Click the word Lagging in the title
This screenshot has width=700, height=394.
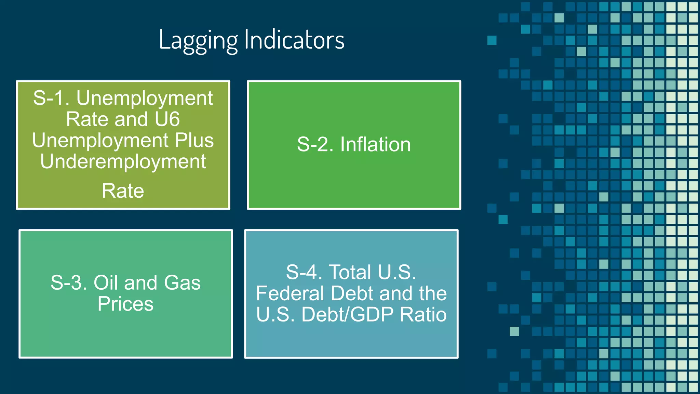(198, 40)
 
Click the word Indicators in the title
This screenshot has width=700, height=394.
(294, 40)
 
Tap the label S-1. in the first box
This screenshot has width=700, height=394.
(51, 98)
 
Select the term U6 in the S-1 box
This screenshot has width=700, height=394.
(167, 119)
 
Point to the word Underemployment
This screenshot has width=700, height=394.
(123, 161)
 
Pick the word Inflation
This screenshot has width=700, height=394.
(375, 144)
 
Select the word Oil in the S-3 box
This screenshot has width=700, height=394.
(106, 283)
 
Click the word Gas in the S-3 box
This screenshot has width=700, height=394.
(182, 283)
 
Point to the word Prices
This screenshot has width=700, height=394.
(125, 304)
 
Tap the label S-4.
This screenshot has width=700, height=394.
(304, 272)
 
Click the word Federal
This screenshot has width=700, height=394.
(290, 293)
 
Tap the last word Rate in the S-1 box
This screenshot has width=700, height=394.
(123, 191)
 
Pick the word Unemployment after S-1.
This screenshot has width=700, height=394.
(144, 98)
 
